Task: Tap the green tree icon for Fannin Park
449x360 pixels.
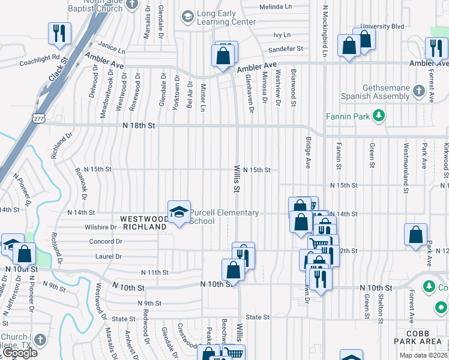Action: click(379, 115)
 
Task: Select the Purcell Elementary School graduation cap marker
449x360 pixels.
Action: click(178, 212)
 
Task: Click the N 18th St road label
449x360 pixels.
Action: click(139, 125)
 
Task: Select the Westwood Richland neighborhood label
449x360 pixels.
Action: click(144, 223)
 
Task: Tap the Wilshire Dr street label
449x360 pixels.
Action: click(101, 227)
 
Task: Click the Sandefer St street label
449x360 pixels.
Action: click(286, 49)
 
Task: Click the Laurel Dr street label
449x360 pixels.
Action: click(109, 256)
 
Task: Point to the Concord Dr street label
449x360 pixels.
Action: click(106, 242)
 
